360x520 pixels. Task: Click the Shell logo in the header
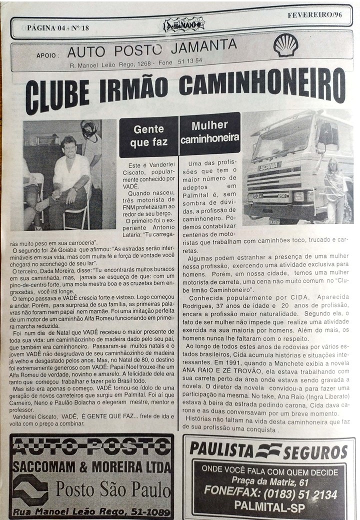[x=285, y=45]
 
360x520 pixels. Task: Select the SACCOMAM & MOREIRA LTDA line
[x=91, y=468]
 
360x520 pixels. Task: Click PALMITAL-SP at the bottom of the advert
[x=269, y=506]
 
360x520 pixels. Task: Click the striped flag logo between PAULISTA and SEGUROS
[x=268, y=450]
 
